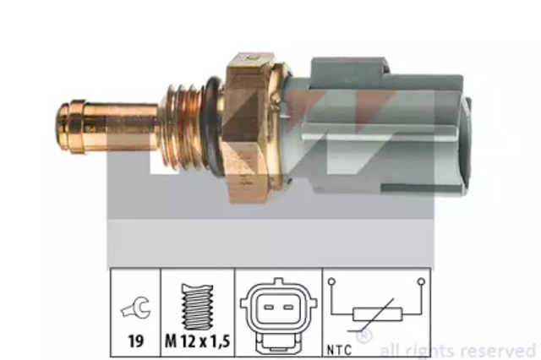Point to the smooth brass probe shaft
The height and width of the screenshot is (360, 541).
[127, 128]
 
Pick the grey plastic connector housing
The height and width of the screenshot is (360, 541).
[372, 127]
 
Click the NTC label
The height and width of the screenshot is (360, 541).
[342, 345]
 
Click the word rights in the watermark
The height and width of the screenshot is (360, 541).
[440, 349]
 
